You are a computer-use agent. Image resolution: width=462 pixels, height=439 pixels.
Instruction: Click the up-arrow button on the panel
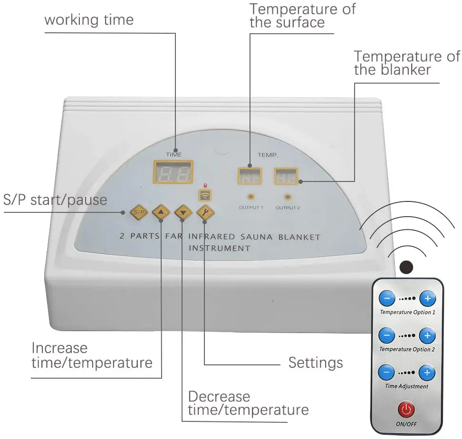tap(161, 212)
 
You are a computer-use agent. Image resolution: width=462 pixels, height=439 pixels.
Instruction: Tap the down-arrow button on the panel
tap(183, 212)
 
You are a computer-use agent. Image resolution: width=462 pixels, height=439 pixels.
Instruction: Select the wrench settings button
tap(205, 212)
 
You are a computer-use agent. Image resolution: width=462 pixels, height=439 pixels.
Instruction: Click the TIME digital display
tap(173, 172)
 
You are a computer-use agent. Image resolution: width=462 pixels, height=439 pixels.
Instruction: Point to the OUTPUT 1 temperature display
tap(250, 176)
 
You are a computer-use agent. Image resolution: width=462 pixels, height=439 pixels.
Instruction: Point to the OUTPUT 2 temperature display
tap(285, 176)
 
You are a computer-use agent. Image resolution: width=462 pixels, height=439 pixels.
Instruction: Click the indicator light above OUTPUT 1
tap(250, 197)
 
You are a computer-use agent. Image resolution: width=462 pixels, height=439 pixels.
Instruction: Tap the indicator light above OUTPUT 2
tap(287, 197)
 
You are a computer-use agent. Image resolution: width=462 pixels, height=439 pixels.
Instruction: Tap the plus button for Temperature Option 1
tap(427, 298)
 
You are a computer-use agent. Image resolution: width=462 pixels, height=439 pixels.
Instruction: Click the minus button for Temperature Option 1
tap(387, 298)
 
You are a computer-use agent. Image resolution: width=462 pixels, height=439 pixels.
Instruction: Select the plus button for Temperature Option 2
tap(427, 335)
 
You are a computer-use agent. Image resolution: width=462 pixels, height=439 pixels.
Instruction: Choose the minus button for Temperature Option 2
tap(387, 335)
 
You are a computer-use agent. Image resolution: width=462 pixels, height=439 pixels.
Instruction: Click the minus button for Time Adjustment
tap(387, 372)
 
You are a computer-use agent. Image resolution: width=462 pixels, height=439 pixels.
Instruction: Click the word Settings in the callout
tap(316, 363)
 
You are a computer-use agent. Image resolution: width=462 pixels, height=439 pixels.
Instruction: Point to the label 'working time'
tap(89, 20)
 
